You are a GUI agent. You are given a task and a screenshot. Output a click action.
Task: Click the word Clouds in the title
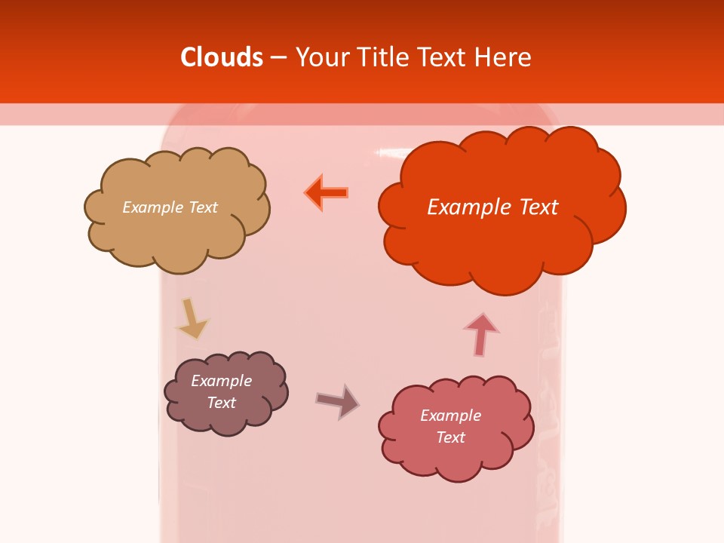(222, 57)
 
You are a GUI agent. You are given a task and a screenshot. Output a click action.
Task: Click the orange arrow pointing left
(327, 193)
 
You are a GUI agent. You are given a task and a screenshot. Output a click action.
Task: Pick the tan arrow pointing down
(191, 318)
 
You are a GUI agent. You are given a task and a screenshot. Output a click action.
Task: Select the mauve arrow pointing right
(338, 400)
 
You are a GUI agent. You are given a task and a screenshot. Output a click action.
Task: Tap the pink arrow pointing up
(480, 333)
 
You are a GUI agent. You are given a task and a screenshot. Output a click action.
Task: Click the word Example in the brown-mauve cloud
(221, 381)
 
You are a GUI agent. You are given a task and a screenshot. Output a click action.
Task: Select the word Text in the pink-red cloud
(450, 437)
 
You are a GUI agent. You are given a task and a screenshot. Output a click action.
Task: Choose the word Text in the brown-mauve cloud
(221, 403)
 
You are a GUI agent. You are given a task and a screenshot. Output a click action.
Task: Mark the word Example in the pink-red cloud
(450, 416)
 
